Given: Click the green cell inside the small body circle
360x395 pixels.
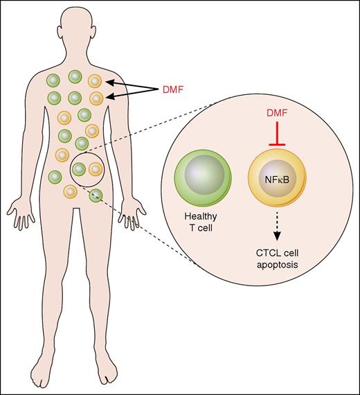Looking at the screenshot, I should (79, 168).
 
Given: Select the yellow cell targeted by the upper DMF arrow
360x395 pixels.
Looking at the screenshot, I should (96, 81).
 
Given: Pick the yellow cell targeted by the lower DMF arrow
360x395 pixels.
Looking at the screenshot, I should (96, 98).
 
